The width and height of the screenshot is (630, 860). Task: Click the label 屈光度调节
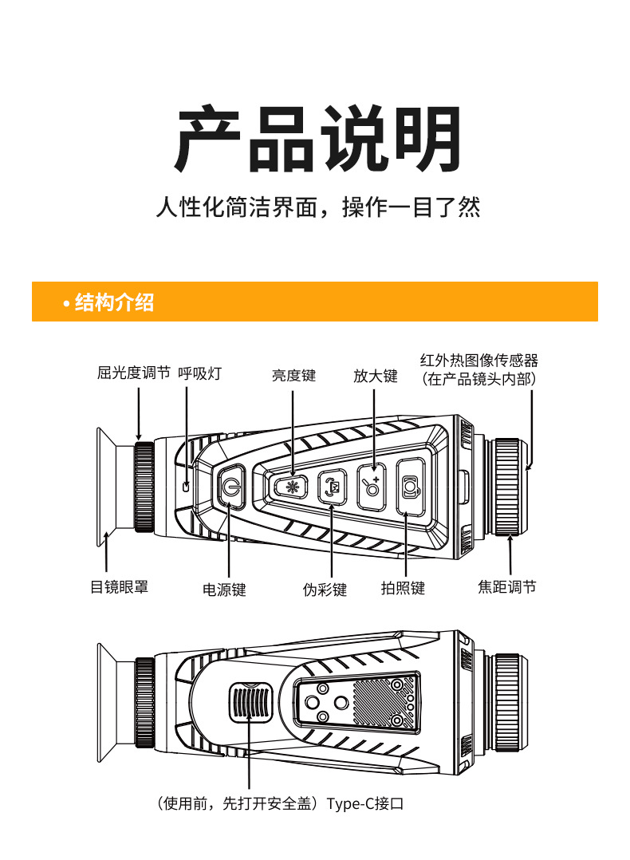(133, 373)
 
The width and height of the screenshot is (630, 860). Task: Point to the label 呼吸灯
(199, 373)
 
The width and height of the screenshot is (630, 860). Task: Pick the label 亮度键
(293, 375)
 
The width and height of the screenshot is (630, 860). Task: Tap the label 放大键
(375, 375)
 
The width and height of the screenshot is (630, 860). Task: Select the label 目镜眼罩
(119, 587)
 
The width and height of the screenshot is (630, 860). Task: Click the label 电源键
(224, 590)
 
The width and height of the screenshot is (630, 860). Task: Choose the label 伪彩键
(325, 590)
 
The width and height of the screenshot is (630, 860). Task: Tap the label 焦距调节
(507, 587)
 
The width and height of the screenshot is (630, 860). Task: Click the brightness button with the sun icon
(292, 486)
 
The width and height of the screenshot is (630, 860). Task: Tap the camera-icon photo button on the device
(410, 487)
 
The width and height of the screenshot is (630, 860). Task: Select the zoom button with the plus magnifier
(372, 486)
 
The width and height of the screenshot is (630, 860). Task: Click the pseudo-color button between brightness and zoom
(332, 486)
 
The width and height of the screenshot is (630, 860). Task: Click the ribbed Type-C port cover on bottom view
(252, 703)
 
